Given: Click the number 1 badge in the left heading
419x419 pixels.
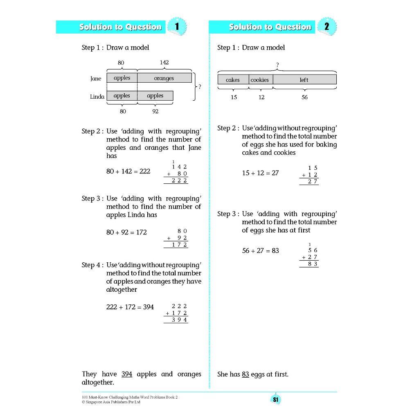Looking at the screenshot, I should tap(177, 27).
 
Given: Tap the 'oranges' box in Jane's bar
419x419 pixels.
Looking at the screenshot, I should tap(164, 78).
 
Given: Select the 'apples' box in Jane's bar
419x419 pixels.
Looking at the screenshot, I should tap(122, 78).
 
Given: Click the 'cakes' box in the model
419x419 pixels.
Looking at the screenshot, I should tap(233, 80).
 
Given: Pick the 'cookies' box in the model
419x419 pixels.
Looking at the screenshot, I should tap(260, 80).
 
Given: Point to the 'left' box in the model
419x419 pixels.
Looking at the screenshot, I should tap(304, 80).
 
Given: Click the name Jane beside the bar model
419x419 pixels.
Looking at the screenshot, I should tap(96, 79).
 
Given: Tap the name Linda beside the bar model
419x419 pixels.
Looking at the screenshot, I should tap(97, 97).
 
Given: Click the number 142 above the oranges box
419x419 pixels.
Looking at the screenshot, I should tap(164, 63).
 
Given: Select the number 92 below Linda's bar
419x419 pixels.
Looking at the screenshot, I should tap(155, 111).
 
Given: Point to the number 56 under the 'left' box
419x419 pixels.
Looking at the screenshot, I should tap(304, 97).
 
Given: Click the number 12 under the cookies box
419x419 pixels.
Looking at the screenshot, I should tap(261, 97).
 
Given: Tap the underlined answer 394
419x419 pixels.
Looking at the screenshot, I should tap(127, 374).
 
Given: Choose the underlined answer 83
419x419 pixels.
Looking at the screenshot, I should tap(246, 374).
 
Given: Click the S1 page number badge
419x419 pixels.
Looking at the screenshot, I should tap(275, 400).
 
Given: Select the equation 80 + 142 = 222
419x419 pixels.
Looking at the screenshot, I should tap(128, 171).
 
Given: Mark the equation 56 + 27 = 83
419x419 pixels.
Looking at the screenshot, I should tap(260, 250).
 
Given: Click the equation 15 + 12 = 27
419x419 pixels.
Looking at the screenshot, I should tap(260, 173).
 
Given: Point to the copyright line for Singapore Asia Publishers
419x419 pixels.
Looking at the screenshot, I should tap(111, 402).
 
